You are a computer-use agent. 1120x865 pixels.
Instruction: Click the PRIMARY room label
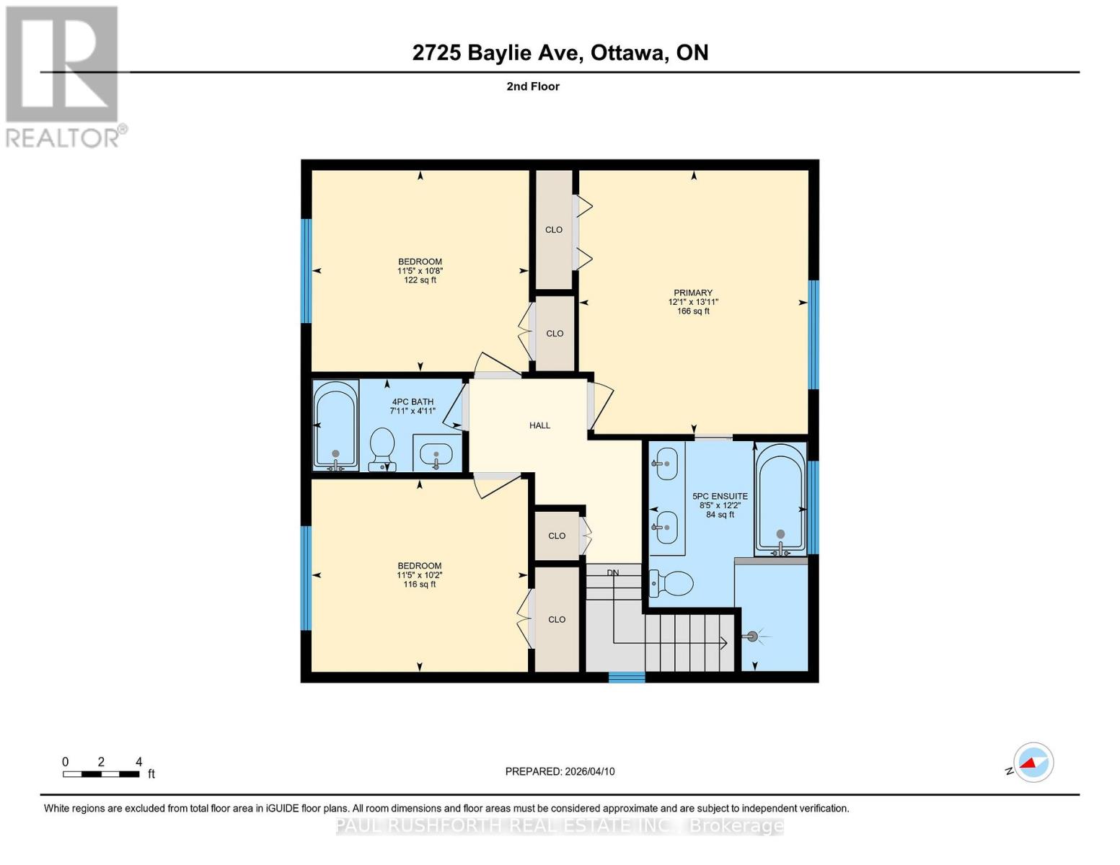(693, 293)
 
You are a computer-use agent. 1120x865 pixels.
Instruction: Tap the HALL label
(539, 425)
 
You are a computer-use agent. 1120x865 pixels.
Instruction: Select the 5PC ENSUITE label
(720, 496)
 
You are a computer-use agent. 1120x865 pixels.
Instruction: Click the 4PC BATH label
(413, 402)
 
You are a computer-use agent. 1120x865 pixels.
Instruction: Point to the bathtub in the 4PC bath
(336, 425)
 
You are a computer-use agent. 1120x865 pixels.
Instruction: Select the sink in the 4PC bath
(436, 454)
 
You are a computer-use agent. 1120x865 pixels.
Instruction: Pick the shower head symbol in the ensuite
(754, 636)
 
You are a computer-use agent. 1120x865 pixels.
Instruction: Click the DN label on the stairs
(612, 573)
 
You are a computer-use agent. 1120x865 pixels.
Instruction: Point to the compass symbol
(1033, 762)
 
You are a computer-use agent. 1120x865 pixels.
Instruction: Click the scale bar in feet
(101, 774)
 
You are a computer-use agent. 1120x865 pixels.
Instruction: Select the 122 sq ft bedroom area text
(420, 280)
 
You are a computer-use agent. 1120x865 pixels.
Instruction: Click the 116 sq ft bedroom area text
(420, 585)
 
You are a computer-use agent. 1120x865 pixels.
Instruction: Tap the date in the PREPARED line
(589, 771)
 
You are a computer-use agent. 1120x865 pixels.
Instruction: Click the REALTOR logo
(63, 76)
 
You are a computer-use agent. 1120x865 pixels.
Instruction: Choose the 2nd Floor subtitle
(533, 86)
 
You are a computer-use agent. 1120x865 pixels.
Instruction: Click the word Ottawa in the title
(628, 53)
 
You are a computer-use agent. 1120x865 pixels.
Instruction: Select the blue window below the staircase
(627, 677)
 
